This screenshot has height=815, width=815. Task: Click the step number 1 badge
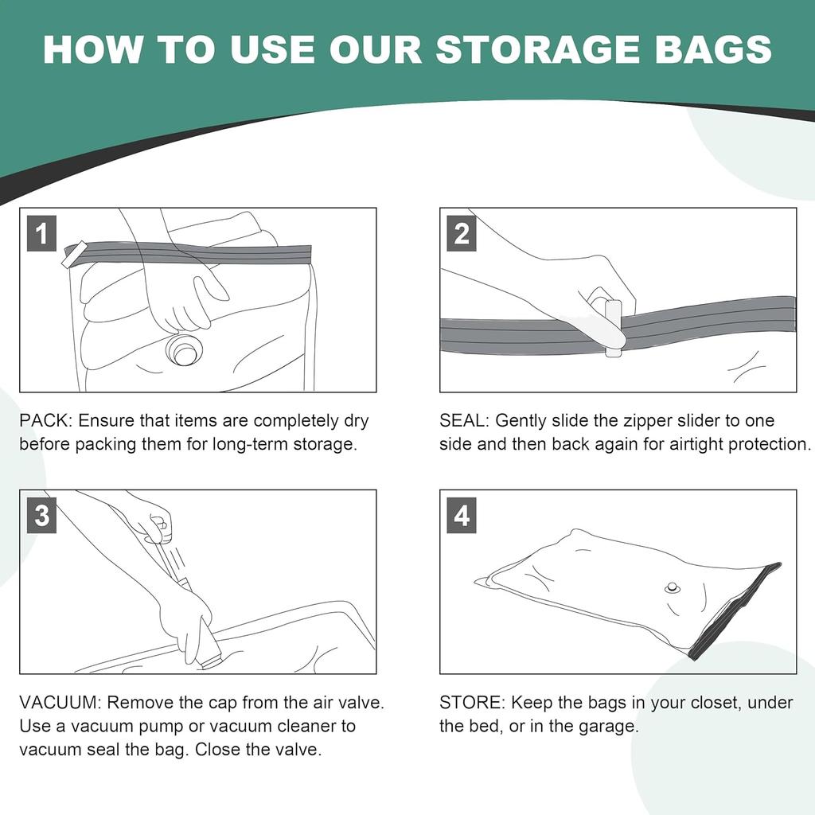[41, 235]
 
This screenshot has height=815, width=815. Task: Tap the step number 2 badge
[462, 235]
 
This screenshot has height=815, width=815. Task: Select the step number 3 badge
[41, 516]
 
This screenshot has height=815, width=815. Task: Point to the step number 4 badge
[462, 516]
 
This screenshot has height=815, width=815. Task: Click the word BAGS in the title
[719, 49]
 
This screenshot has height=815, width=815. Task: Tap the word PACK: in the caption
[46, 420]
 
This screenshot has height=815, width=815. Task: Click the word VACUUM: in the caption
[60, 703]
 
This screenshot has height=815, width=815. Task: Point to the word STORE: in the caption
[473, 703]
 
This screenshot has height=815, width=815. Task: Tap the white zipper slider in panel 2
[612, 327]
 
